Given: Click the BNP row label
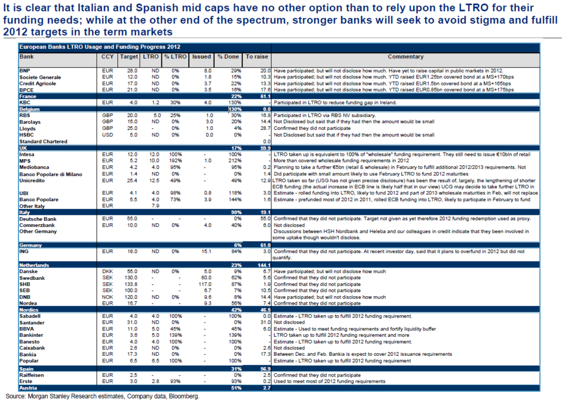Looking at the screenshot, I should coord(25,70).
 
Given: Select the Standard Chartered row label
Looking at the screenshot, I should coord(44,142).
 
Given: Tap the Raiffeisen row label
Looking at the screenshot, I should coord(33,375).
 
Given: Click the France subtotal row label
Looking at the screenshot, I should coord(28,97).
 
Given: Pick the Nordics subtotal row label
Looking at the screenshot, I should coord(29,310).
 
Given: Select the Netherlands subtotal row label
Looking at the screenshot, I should coord(34,265).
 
